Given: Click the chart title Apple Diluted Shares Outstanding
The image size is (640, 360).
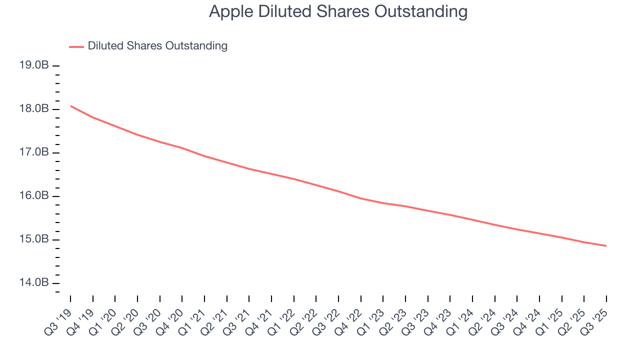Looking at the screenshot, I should click(338, 11).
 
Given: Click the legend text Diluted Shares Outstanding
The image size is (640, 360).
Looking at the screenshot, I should click(157, 46).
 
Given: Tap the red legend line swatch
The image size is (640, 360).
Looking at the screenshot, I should click(76, 46).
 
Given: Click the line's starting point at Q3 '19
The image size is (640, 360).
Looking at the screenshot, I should click(70, 106).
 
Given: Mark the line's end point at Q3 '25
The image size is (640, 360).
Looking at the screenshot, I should click(606, 245).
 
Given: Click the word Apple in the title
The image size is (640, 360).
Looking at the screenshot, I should click(231, 11).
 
